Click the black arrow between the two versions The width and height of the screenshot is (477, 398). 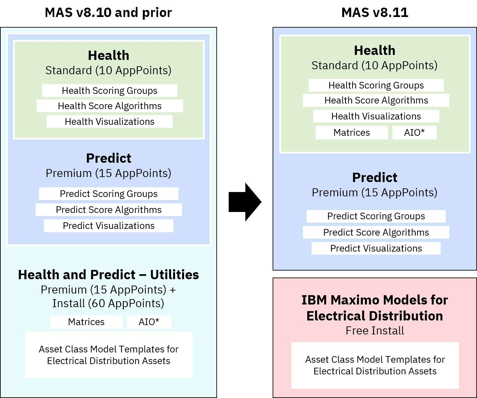245,202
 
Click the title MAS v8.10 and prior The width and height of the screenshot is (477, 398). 108,13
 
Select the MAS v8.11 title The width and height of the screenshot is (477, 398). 375,13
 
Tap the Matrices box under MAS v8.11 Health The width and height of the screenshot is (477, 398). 352,133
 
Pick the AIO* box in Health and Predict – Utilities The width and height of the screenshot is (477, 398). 149,322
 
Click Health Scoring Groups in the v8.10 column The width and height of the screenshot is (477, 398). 110,91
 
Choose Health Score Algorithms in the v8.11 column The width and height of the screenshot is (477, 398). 376,100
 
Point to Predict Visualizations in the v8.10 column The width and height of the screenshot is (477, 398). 109,226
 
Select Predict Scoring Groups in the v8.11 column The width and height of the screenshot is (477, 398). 376,216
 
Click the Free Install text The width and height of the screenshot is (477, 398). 375,331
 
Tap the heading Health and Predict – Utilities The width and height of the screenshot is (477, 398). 109,275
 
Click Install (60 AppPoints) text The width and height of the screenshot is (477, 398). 108,303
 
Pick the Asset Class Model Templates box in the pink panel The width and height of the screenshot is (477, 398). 375,365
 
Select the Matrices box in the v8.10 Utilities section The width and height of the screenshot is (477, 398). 86,322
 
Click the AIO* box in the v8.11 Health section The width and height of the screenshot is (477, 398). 414,133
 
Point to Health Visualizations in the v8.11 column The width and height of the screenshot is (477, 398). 376,116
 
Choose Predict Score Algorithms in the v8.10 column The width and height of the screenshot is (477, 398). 109,210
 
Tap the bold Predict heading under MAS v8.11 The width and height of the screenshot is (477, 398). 375,177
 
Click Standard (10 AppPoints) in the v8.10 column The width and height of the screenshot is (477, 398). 108,70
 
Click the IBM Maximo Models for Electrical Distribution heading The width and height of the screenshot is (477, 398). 375,308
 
